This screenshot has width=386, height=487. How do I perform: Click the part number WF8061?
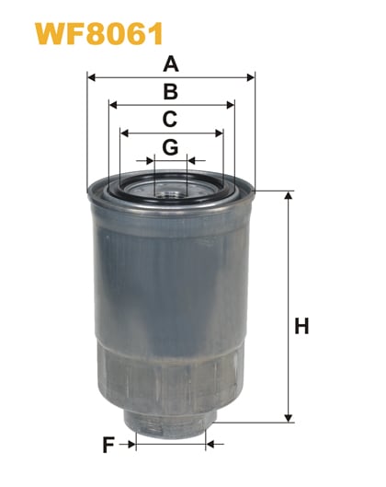(x=87, y=34)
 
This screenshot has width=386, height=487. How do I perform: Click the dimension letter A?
(x=170, y=64)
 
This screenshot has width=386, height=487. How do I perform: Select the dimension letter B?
(x=170, y=91)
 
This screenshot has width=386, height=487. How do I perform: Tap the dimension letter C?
(x=170, y=119)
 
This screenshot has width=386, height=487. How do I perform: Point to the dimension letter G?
(x=170, y=146)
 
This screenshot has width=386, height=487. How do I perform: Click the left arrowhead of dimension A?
(x=91, y=77)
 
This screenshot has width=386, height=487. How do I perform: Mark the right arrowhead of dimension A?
(x=251, y=77)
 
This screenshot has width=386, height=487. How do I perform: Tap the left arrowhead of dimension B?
(x=112, y=105)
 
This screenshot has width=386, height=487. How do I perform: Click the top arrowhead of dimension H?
(x=289, y=195)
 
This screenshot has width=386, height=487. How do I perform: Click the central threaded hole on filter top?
(x=171, y=192)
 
